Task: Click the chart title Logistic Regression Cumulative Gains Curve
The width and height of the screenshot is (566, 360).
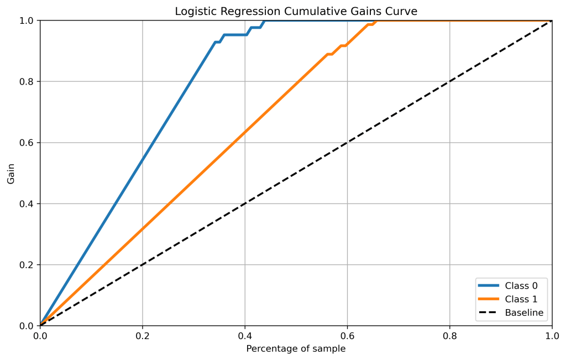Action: tap(296, 12)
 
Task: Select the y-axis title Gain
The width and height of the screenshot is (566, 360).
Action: tap(11, 173)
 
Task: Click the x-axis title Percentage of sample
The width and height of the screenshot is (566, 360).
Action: tap(296, 349)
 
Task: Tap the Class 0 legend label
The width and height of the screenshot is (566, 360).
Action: tap(521, 285)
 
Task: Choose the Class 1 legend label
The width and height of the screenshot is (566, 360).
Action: tap(521, 299)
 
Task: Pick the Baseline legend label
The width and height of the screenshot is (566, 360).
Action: tap(524, 313)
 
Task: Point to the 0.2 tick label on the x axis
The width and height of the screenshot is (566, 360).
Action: tap(143, 336)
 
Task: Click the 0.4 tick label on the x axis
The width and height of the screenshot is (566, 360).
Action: tap(245, 336)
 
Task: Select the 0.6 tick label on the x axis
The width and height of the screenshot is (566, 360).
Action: tap(347, 336)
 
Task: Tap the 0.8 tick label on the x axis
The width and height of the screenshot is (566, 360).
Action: tap(449, 336)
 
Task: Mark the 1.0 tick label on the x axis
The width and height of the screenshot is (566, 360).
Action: tap(552, 336)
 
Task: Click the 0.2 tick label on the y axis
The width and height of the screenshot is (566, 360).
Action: tap(27, 265)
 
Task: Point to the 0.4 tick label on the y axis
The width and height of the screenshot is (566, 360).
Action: tap(27, 204)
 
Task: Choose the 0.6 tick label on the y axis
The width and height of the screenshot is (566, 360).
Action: tap(27, 143)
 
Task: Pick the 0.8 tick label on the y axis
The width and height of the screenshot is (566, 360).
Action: tap(27, 82)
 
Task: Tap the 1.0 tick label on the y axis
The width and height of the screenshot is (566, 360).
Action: tap(27, 20)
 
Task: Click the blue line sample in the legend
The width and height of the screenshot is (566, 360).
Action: tap(489, 285)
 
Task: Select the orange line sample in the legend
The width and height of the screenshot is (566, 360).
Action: tap(489, 299)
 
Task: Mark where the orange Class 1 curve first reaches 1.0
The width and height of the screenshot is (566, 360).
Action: tap(377, 21)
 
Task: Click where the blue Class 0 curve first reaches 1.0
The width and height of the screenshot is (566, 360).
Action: tap(265, 21)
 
